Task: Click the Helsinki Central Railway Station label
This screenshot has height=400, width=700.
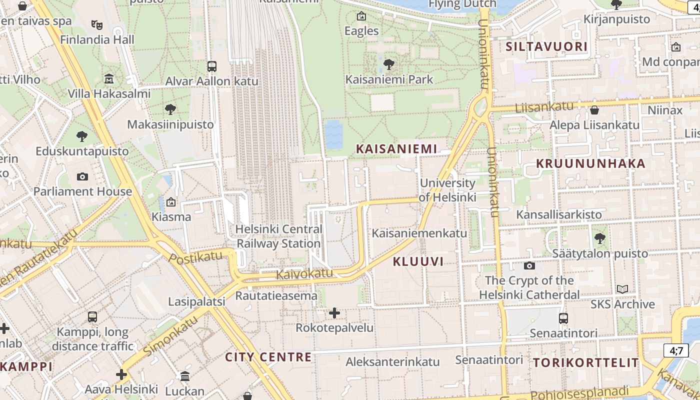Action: click(278, 236)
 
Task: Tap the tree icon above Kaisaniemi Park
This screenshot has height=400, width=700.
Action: click(388, 64)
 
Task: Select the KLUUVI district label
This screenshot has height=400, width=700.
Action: click(418, 261)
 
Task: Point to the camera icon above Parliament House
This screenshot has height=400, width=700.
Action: click(82, 176)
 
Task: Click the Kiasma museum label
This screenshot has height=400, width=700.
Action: click(171, 217)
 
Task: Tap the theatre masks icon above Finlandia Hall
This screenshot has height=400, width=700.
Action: click(97, 24)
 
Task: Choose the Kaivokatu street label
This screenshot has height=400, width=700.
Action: click(304, 273)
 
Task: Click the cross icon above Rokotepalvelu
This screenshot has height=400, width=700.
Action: click(334, 313)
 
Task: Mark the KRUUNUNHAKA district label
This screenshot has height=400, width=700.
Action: click(590, 163)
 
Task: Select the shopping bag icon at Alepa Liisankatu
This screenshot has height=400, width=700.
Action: click(594, 110)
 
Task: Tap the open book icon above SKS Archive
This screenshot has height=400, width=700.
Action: click(622, 289)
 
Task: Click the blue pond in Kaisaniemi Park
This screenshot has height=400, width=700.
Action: click(333, 134)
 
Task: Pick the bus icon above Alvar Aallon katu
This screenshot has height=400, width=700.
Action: click(212, 66)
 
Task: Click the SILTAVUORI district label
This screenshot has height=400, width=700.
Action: click(546, 47)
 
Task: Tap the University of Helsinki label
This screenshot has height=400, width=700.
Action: click(447, 190)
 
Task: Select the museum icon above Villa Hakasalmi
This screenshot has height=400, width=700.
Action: click(109, 78)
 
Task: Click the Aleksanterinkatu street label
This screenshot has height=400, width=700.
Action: click(392, 361)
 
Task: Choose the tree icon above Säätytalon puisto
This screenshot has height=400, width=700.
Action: click(599, 238)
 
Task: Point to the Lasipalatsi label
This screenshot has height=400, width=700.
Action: click(196, 301)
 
